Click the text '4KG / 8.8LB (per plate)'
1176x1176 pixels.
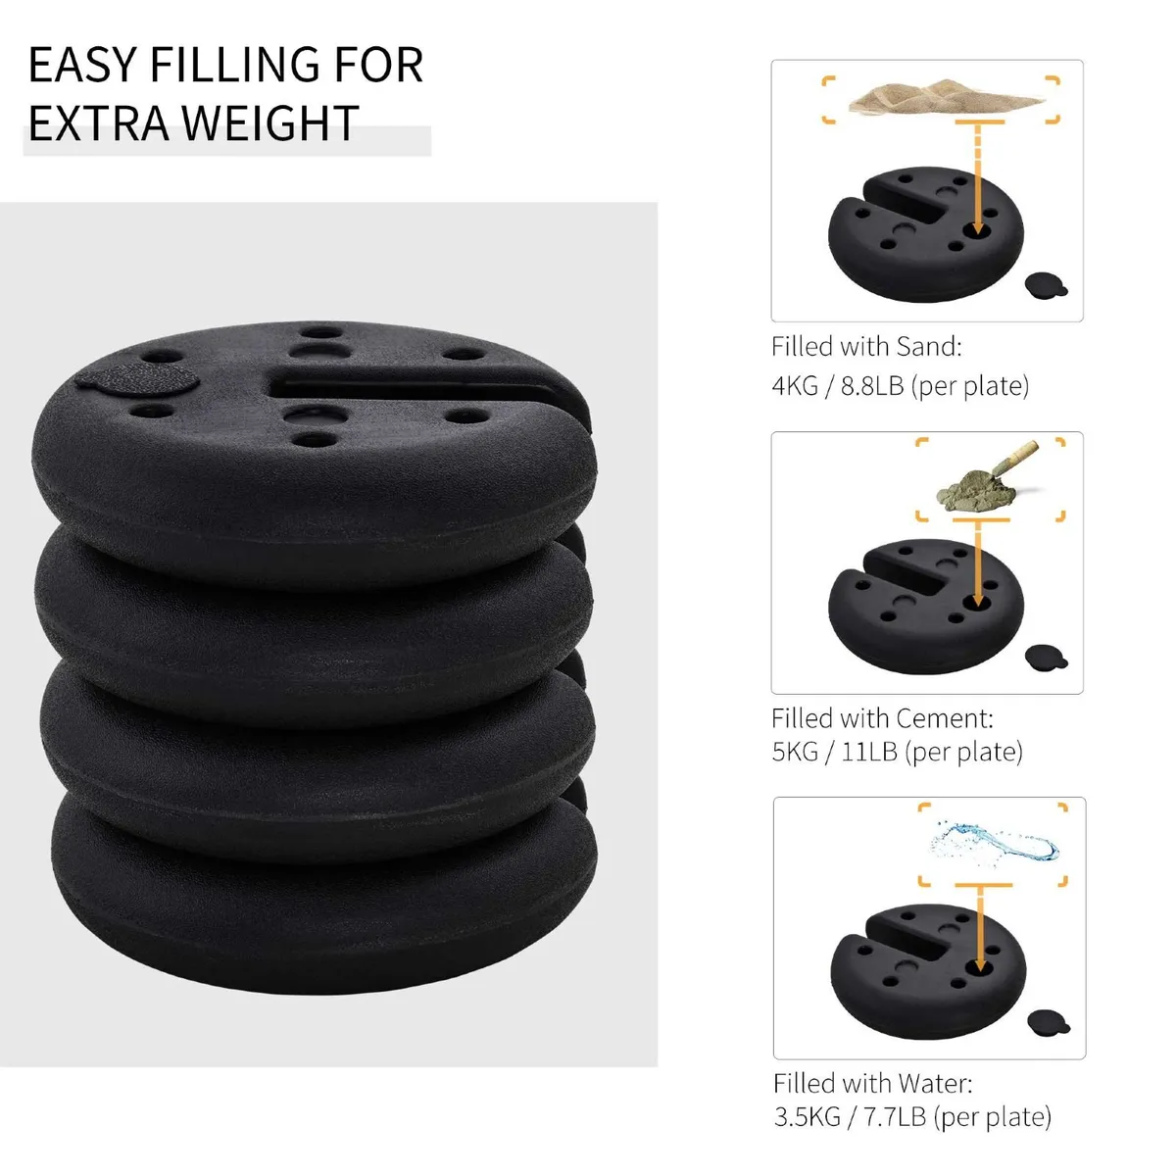[x=900, y=385]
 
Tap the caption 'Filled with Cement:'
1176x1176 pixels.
[x=882, y=718]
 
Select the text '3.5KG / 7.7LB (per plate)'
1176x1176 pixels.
[x=911, y=1116]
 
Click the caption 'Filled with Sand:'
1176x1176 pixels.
[x=866, y=347]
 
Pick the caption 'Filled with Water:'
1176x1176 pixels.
[x=872, y=1083]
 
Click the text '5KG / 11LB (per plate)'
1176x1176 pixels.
[x=897, y=752]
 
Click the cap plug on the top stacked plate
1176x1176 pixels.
[x=134, y=379]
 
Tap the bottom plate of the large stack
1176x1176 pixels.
[x=314, y=862]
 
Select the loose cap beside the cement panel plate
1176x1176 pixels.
[x=1040, y=657]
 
